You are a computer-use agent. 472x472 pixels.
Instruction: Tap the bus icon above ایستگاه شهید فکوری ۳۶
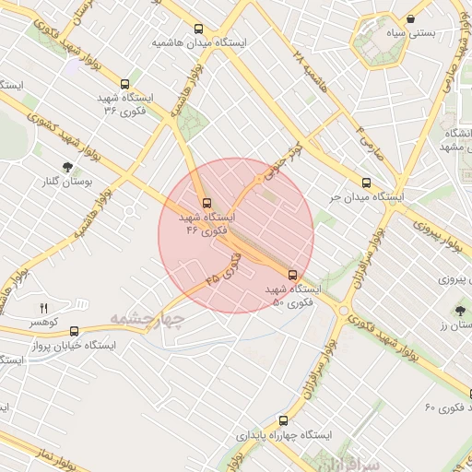(x=125, y=83)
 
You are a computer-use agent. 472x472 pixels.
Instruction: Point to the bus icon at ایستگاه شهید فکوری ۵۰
(x=293, y=275)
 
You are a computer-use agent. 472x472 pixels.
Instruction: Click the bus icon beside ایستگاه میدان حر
(x=366, y=183)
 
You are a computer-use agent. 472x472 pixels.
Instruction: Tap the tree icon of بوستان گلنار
(x=67, y=167)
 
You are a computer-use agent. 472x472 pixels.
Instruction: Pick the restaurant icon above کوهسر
(x=42, y=308)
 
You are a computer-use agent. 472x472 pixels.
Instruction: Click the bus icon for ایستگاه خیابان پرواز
(x=74, y=331)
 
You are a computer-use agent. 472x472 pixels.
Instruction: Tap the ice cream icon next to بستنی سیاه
(x=410, y=18)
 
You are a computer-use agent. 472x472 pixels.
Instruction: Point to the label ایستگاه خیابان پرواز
(x=74, y=346)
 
